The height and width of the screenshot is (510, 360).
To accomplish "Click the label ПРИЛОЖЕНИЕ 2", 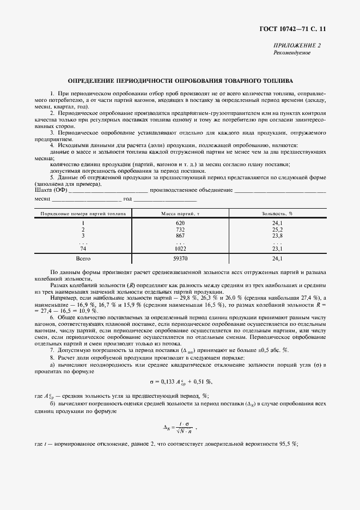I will click(296, 46).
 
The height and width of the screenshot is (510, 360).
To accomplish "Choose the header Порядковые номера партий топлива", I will click(83, 214).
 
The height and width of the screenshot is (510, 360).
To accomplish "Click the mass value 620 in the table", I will click(180, 223).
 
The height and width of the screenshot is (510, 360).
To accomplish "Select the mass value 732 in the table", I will click(180, 229).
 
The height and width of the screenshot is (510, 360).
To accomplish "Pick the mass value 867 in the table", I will click(180, 235).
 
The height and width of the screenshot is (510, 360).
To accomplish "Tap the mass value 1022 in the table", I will click(180, 248).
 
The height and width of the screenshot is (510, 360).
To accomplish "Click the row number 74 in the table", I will click(83, 248).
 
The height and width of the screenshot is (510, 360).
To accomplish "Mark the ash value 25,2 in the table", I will click(277, 229).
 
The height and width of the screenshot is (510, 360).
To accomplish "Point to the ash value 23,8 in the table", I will click(277, 235).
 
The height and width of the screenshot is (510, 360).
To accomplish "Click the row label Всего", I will click(83, 258).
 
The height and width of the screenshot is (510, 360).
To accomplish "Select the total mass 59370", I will click(180, 258).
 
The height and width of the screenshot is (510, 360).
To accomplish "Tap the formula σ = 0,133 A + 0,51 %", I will click(180, 381).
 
